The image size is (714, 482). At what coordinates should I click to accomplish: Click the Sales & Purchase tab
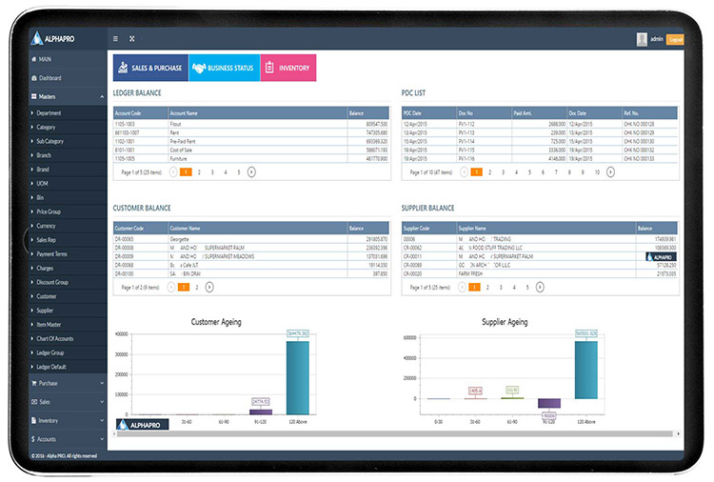click(x=149, y=68)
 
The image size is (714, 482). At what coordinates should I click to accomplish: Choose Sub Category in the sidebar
click(x=56, y=140)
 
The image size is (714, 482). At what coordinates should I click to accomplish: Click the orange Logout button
click(x=675, y=39)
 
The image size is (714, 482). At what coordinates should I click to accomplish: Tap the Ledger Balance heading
click(x=138, y=93)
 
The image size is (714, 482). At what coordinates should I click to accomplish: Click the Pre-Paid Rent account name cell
click(x=186, y=140)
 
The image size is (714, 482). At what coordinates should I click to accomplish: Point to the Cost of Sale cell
click(x=184, y=149)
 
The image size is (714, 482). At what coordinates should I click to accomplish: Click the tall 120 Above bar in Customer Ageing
click(x=298, y=376)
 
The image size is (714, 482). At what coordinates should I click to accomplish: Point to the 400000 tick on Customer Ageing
click(x=121, y=335)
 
